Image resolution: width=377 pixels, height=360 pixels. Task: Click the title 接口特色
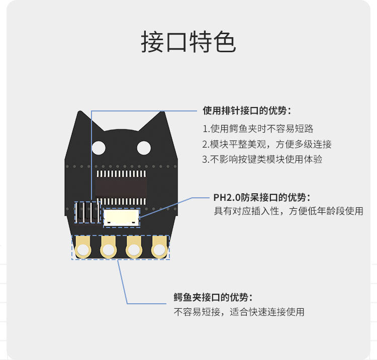point(188,42)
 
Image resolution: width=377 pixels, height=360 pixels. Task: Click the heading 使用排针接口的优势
point(246,110)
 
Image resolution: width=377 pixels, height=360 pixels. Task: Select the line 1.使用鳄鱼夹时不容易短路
point(259,129)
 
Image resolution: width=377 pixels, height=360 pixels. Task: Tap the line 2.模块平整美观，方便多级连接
point(267,144)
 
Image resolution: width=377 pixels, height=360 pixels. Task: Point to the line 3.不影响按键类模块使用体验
point(262,160)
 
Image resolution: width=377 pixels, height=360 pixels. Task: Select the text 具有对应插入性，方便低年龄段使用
point(289,211)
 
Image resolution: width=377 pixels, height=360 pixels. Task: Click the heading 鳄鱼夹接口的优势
point(213,297)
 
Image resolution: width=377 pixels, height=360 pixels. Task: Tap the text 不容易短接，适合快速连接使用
point(239,312)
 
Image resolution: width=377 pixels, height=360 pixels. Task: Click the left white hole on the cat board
point(99,148)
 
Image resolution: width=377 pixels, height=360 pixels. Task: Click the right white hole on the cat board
point(144,148)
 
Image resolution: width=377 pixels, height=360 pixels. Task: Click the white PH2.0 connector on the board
point(121,217)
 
